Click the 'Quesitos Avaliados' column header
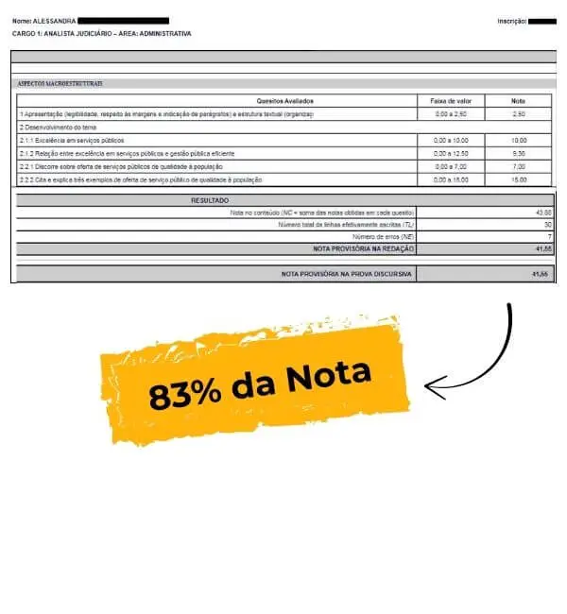click(x=284, y=100)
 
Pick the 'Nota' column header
click(x=518, y=100)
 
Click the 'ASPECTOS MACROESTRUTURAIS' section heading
click(x=60, y=83)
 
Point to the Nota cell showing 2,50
click(x=518, y=113)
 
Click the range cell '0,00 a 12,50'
click(x=450, y=153)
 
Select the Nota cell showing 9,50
click(x=518, y=153)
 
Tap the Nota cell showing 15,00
click(x=518, y=179)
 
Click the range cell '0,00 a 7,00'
click(x=450, y=166)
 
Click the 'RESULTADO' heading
click(x=210, y=200)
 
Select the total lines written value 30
click(x=546, y=225)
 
